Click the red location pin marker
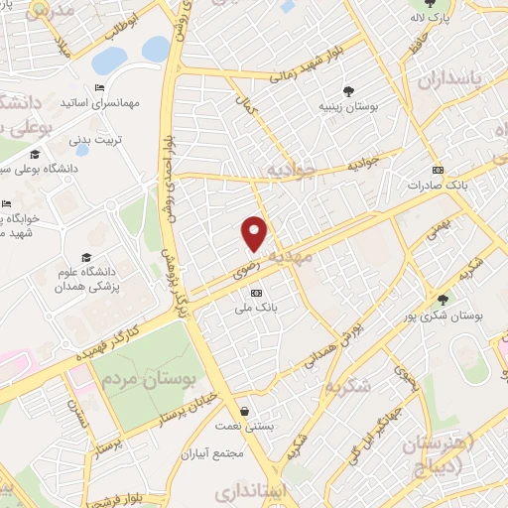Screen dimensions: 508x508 255,232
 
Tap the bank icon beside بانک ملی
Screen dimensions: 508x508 256,293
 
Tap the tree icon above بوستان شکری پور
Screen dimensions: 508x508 443,300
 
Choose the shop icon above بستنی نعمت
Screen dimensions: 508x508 244,411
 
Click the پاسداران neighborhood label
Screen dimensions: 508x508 473,77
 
